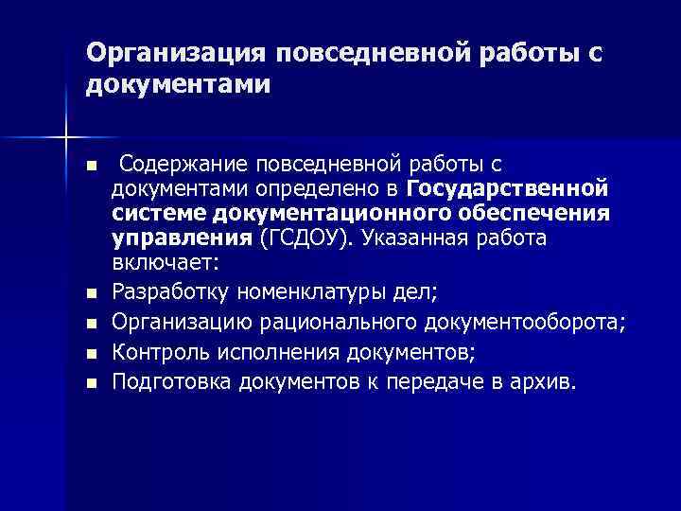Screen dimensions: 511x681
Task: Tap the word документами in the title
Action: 179,85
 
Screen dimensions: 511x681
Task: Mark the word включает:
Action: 165,261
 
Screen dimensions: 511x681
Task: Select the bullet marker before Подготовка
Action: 91,384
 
